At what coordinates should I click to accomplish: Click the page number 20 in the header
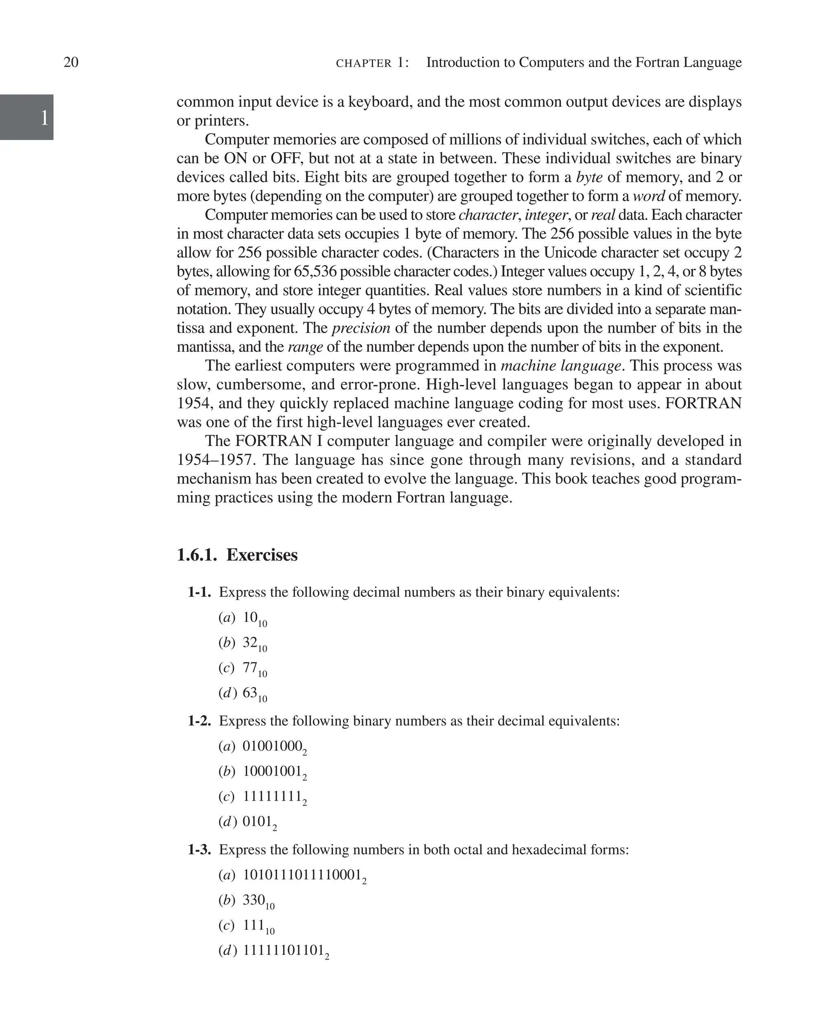71,62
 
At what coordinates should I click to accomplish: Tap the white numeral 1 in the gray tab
44,118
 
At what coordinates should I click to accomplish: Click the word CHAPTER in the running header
364,64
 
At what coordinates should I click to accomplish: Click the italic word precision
361,328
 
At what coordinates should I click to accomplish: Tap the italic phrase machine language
561,366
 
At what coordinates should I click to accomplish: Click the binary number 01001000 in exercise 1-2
272,746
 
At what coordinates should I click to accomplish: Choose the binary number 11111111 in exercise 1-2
272,796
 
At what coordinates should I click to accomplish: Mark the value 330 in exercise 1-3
254,900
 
